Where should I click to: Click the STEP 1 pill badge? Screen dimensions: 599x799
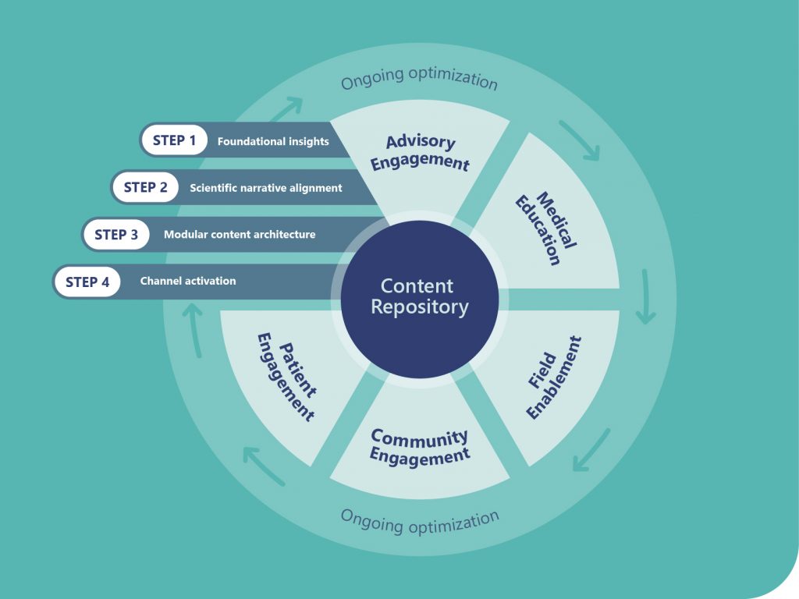[x=175, y=141]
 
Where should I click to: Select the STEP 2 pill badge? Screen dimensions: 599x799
[x=145, y=187]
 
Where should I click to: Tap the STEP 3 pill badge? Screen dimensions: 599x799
[x=116, y=234]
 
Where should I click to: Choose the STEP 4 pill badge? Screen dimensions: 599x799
[x=87, y=282]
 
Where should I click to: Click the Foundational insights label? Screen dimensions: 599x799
[x=273, y=142]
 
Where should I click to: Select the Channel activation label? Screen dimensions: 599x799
[x=188, y=281]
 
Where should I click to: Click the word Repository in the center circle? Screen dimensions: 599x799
[x=420, y=307]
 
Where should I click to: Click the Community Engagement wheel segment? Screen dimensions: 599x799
[x=419, y=448]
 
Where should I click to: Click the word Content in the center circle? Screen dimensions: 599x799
[x=417, y=285]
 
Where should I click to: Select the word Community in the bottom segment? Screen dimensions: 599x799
[x=419, y=438]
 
